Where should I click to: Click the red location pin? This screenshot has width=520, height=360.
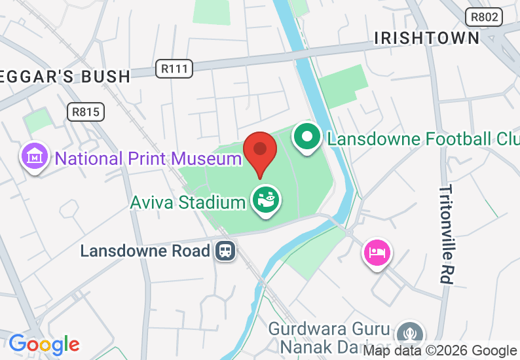coord(260,151)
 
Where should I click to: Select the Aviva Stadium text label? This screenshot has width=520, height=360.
coord(187,202)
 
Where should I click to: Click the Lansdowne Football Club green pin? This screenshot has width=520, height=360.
coord(305,137)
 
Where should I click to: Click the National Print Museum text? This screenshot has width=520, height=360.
coord(148,158)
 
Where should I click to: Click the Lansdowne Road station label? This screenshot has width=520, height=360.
coord(145,251)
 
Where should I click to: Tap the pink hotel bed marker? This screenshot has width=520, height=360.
coord(378,251)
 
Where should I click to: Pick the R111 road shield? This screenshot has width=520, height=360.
coord(175,67)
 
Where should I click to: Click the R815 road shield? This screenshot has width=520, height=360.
coord(86,112)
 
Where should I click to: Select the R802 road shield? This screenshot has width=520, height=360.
coord(484,17)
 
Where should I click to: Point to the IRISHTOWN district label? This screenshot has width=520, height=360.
coord(427,38)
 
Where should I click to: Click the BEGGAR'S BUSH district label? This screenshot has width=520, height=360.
coord(65,77)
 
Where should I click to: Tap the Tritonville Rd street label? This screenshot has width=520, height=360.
coord(446,234)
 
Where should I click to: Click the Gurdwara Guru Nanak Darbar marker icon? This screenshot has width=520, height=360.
coord(411,332)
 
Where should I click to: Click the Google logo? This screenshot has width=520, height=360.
coord(44,344)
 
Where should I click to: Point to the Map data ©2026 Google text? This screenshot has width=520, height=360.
coord(440,351)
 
